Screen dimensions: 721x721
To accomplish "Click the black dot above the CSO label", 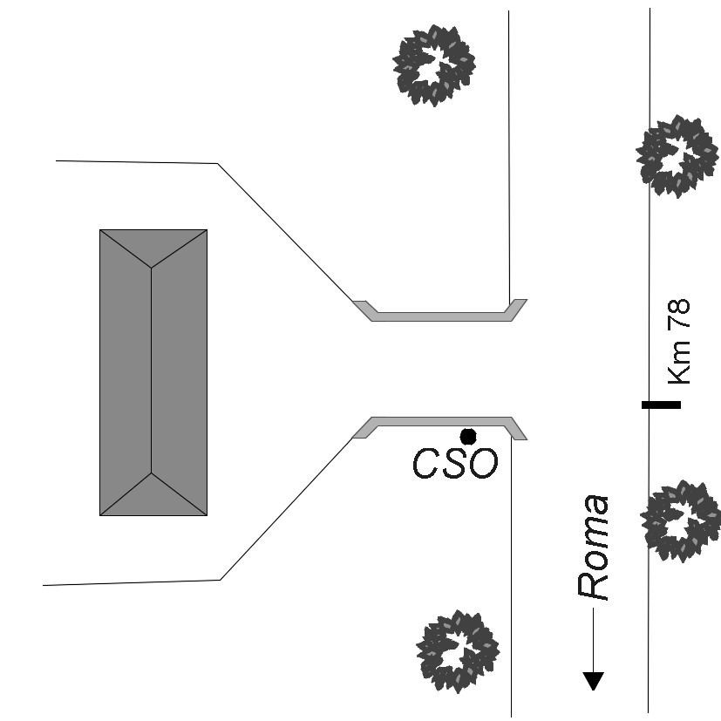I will click(468, 436).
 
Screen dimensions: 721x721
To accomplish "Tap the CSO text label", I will click(454, 464).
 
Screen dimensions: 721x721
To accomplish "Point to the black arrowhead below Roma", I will click(594, 681).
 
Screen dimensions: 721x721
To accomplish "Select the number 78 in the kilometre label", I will click(678, 314).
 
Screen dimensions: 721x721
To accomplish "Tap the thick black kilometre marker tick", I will click(661, 405).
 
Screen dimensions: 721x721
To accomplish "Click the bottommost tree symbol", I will click(457, 650).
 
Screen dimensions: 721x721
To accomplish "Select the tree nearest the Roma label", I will click(680, 520).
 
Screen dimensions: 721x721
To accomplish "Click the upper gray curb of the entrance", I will click(440, 315).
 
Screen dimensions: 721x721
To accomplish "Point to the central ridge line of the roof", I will click(152, 371).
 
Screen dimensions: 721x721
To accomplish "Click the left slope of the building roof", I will click(126, 371).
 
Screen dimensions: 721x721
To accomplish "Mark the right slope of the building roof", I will click(180, 371).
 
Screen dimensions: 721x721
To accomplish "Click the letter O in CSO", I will click(483, 464).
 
